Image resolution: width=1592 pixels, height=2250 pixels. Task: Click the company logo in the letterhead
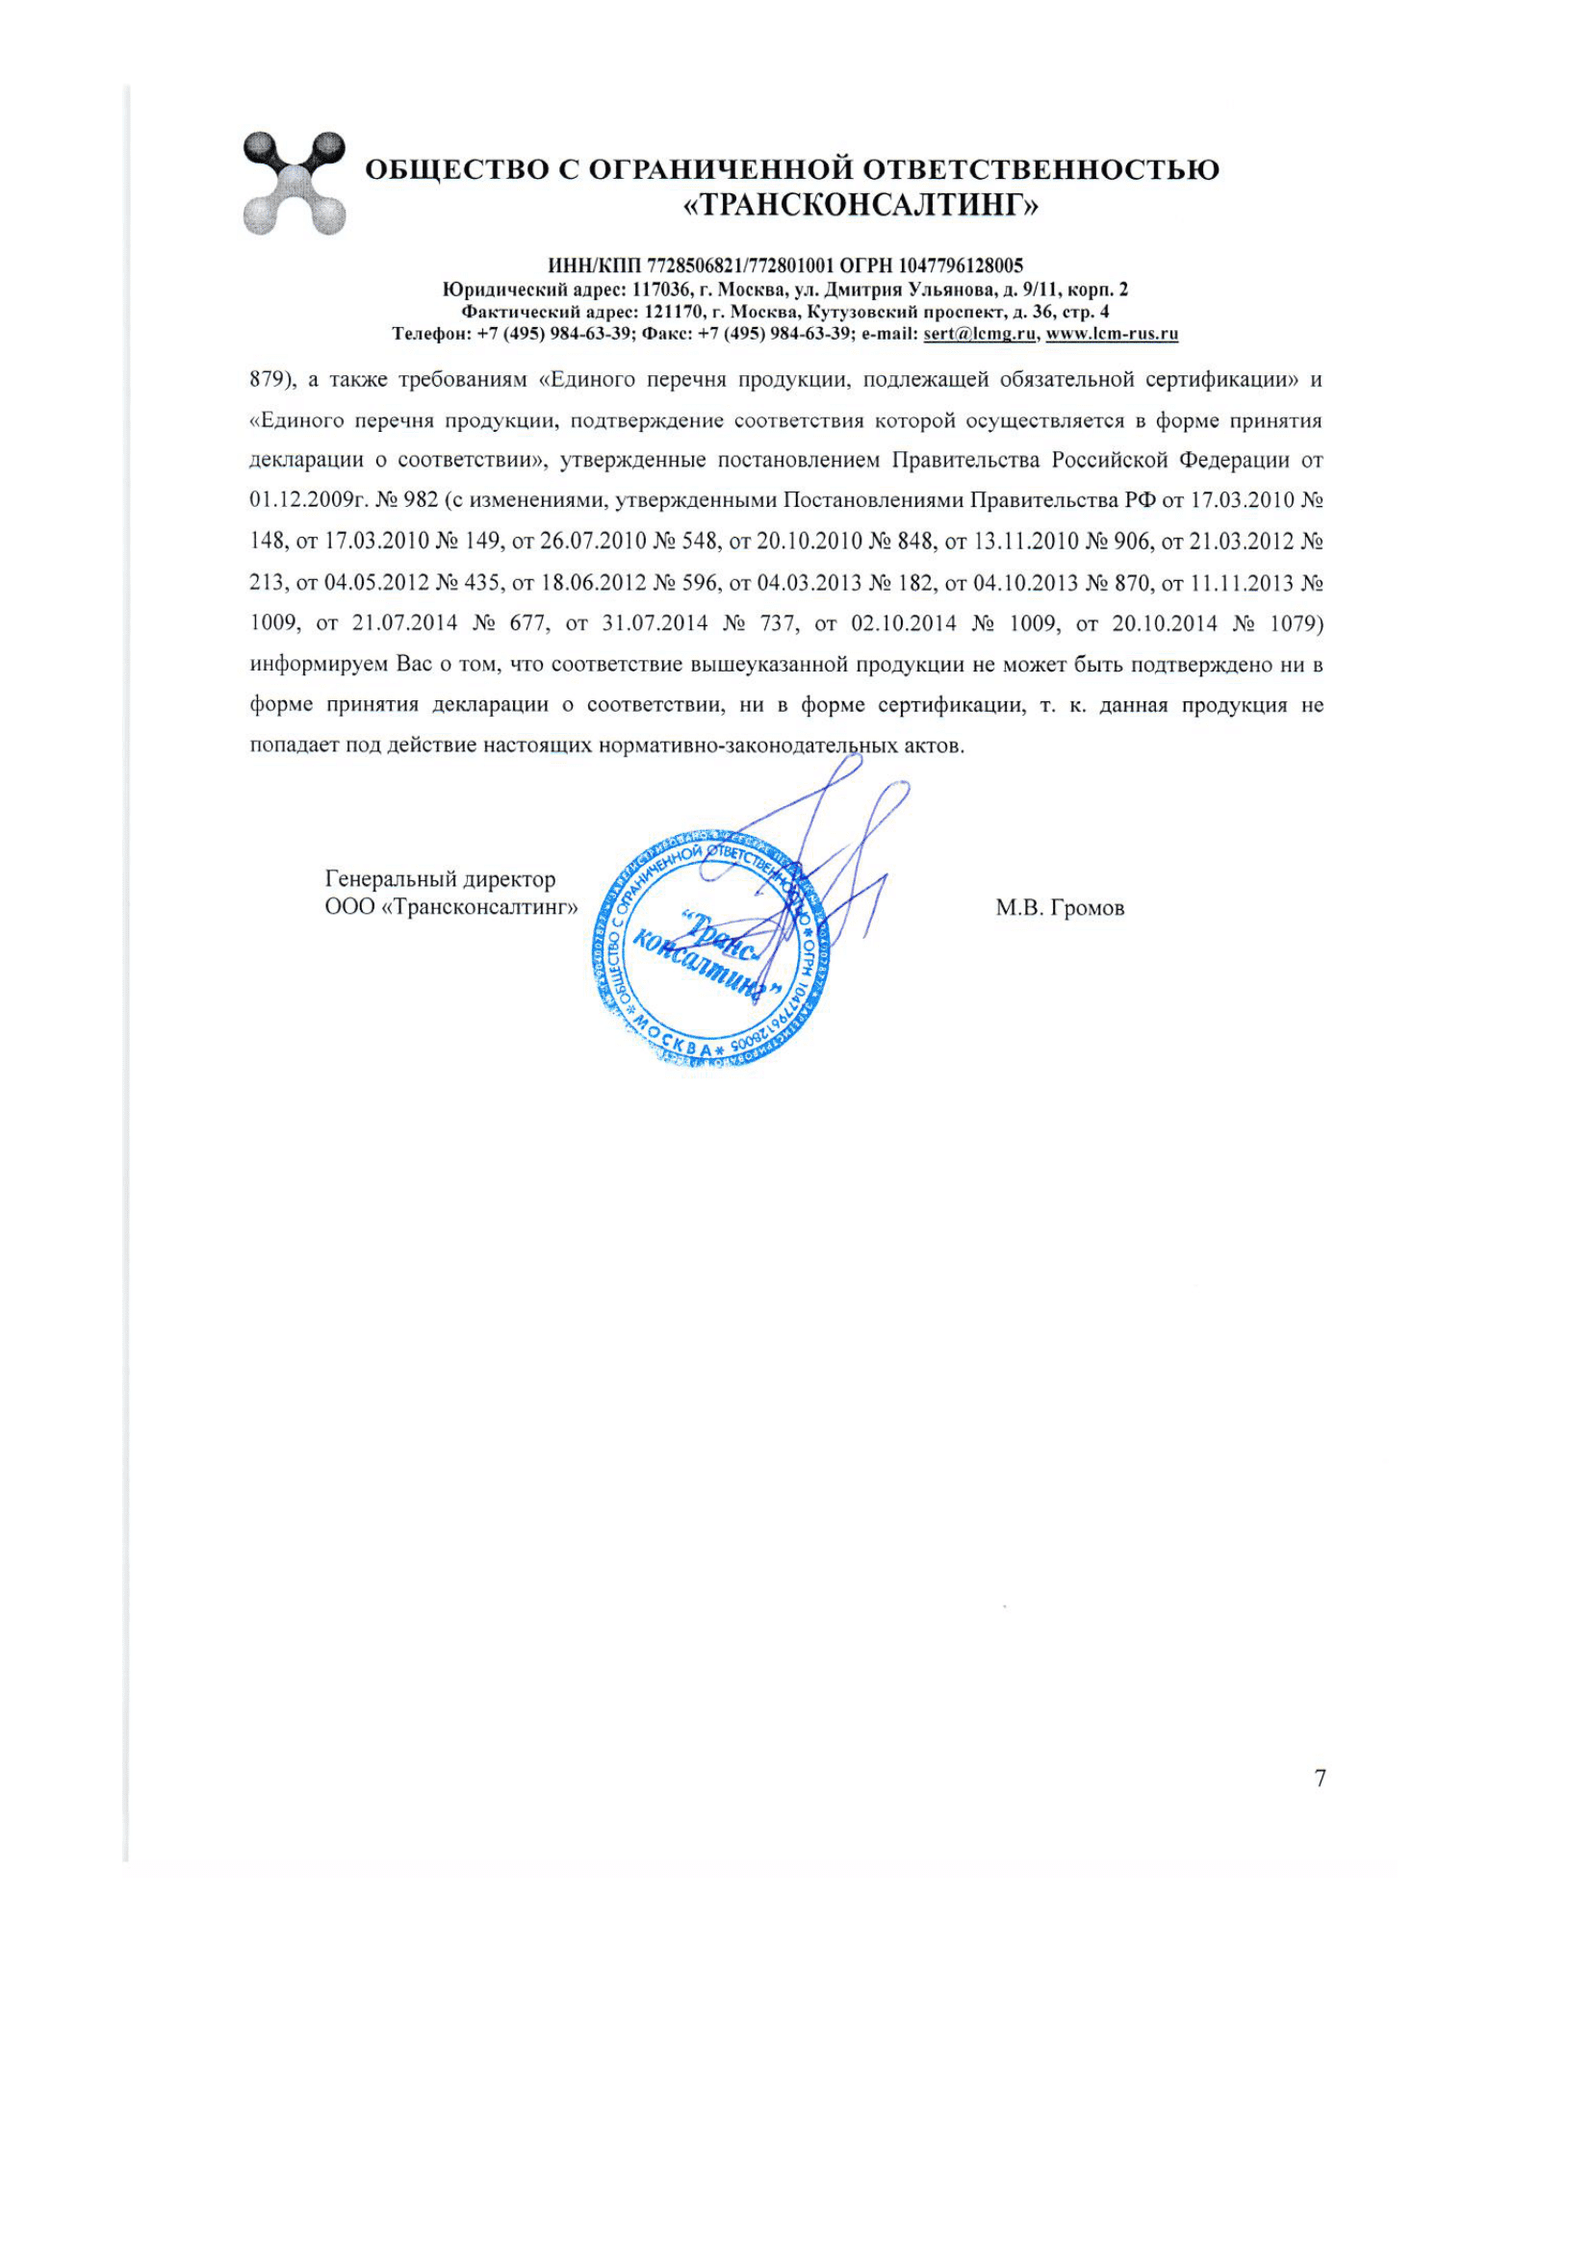(x=295, y=184)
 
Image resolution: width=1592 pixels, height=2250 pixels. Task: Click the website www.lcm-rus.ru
(x=1112, y=334)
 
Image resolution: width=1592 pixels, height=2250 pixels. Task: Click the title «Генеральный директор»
(x=440, y=880)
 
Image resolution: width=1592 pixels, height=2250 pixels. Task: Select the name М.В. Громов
(x=1060, y=908)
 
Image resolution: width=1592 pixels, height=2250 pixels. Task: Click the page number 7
(x=1320, y=1779)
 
